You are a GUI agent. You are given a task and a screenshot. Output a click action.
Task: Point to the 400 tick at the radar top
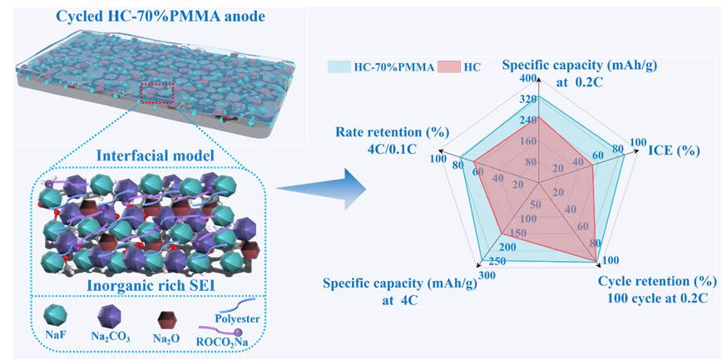point(527,78)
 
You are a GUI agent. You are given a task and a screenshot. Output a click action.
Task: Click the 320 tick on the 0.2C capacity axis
point(527,100)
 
